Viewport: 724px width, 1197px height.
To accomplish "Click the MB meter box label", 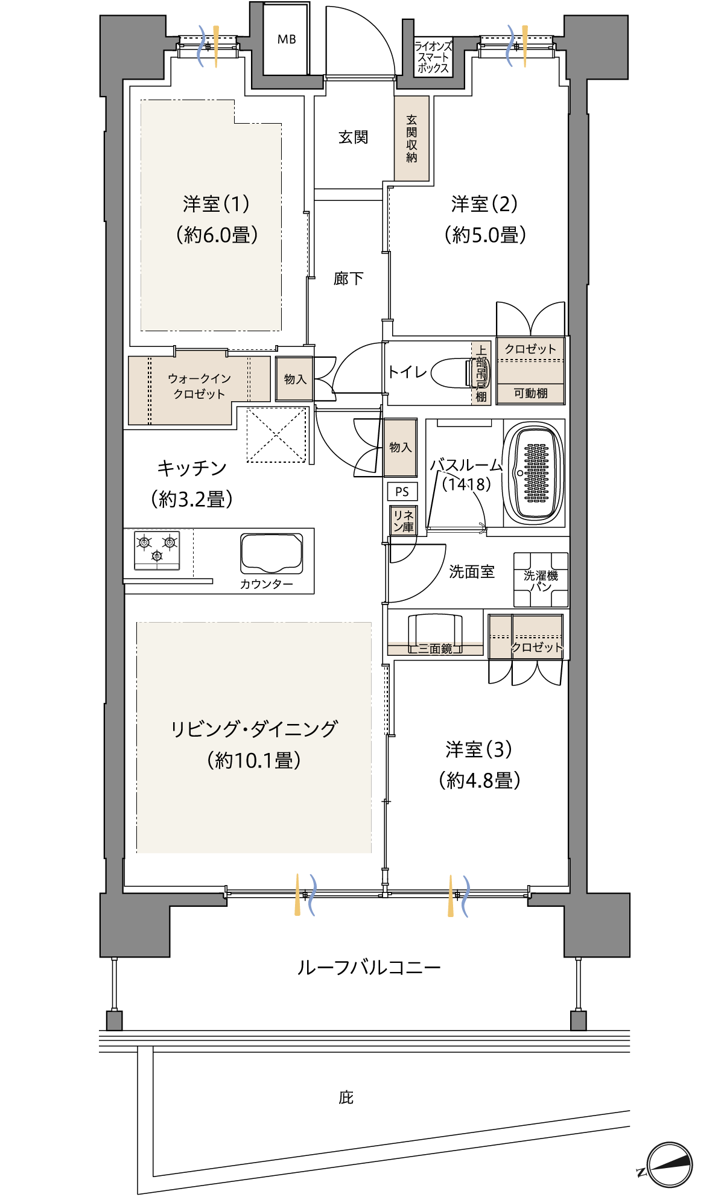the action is tap(287, 39).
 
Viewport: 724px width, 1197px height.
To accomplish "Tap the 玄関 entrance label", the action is tap(353, 138).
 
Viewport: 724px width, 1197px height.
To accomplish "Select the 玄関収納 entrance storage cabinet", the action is tap(411, 138).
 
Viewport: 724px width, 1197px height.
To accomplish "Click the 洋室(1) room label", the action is tap(216, 204).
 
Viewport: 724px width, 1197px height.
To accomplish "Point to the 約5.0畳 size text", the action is tap(485, 235).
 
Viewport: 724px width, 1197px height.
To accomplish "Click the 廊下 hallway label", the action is tap(348, 278).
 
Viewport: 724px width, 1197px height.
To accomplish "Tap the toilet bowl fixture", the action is tap(453, 373).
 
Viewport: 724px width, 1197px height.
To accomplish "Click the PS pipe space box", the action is tap(402, 492).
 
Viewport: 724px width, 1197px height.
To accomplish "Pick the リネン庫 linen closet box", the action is tap(403, 521).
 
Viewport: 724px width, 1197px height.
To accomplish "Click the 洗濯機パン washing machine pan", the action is tap(541, 580).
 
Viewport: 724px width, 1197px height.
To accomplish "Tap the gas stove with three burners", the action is tap(157, 550).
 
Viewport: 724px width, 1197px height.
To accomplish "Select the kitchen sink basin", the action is tap(271, 553).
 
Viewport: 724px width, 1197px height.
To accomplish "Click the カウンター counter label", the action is tap(266, 584).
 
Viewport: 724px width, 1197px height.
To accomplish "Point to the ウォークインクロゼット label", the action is tap(199, 386).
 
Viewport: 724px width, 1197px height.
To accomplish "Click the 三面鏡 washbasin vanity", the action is tap(435, 634).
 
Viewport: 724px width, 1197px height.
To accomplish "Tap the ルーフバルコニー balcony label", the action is tap(369, 968).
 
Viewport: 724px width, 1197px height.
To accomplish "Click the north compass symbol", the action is tap(668, 1165).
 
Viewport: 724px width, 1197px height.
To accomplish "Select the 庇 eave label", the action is tap(346, 1097).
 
